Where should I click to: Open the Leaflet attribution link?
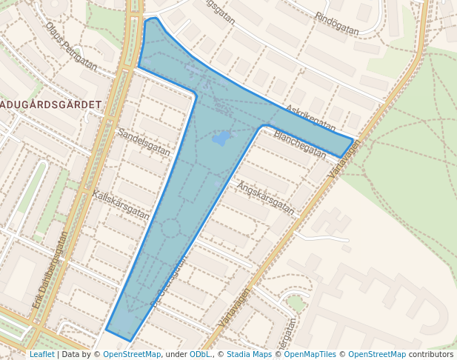[41, 354]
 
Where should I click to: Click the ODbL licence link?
[200, 354]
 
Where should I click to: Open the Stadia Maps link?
[249, 354]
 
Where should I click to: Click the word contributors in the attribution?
[431, 354]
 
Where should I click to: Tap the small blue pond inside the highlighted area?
[221, 138]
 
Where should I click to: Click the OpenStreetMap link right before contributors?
[377, 354]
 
